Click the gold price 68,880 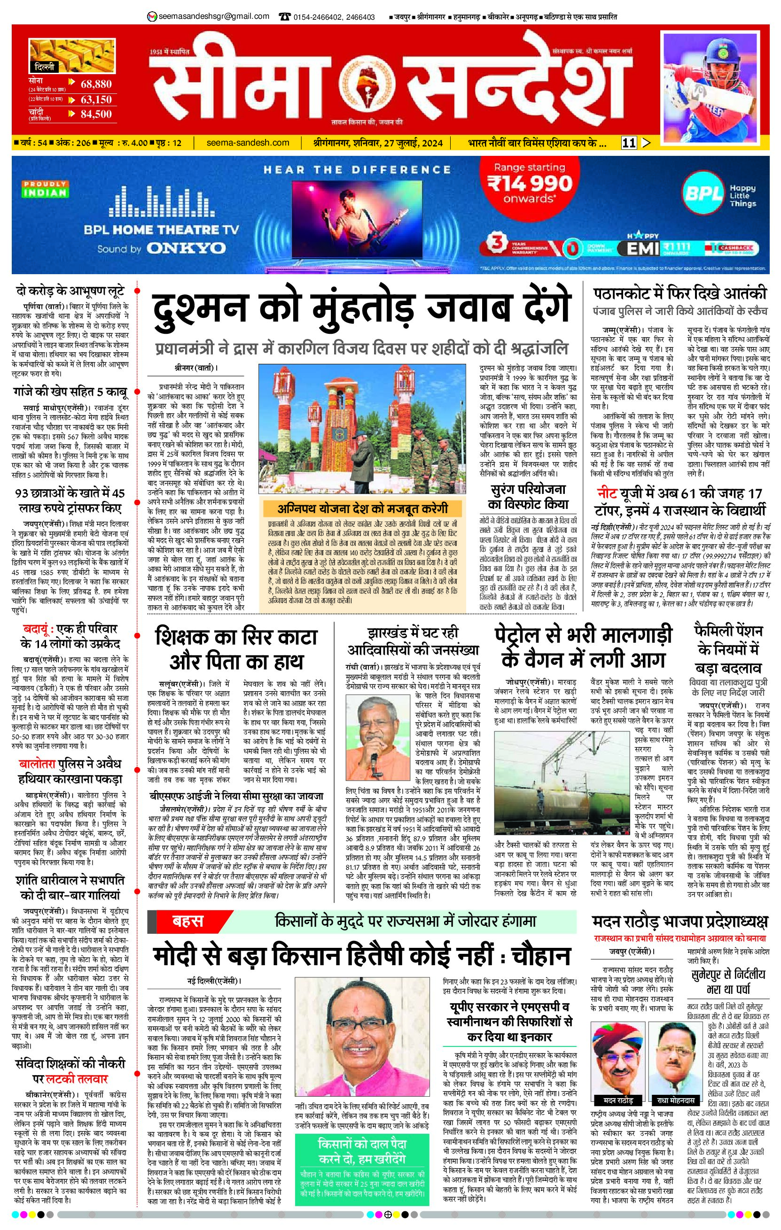tap(96, 84)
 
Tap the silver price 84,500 tap(96, 114)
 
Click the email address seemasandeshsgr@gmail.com tap(214, 16)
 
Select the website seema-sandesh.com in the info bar tap(248, 143)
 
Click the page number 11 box tap(629, 143)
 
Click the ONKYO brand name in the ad tap(186, 248)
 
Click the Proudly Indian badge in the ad tap(45, 189)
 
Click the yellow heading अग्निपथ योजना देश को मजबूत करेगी tap(362, 508)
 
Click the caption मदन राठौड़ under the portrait tap(617, 1100)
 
